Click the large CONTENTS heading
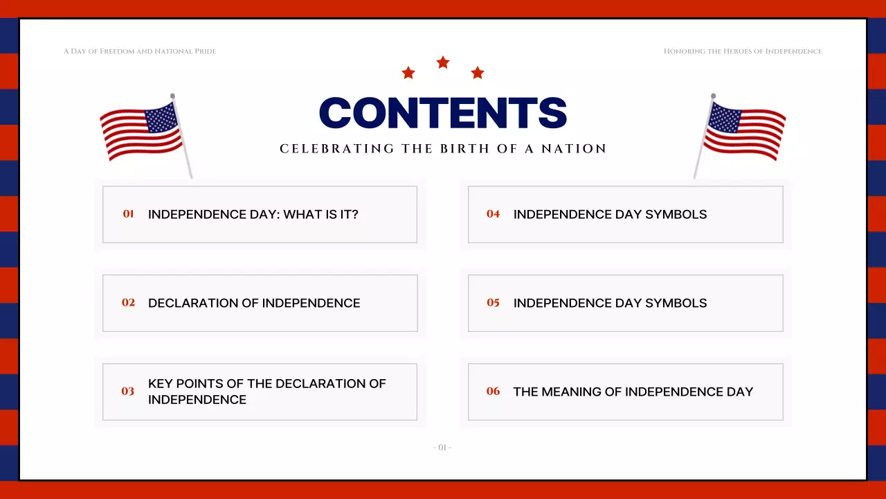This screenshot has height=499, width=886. coord(443,113)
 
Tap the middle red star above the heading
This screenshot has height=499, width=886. coord(443,63)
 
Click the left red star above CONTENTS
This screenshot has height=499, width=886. coord(408,73)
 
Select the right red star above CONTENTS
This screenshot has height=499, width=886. coord(478,73)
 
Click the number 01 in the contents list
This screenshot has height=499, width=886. coord(128,214)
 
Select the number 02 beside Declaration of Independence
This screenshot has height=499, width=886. coord(128,303)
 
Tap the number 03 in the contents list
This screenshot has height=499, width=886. coord(128,392)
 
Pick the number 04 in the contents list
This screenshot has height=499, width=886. coord(493,214)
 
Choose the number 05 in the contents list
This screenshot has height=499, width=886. coord(493,303)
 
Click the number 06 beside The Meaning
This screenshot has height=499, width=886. coord(493,392)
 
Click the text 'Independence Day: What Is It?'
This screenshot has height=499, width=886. coord(253,214)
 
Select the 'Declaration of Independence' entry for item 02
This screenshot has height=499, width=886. coord(254,303)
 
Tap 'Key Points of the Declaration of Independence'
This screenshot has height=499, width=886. coord(266,392)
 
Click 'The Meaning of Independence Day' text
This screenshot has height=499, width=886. coord(633,392)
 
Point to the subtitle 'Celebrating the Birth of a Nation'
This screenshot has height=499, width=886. coord(443,149)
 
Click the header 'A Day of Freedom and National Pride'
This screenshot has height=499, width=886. coord(140,51)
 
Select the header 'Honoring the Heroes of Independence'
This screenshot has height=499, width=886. coord(743,51)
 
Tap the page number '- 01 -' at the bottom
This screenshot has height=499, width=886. coord(442,448)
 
